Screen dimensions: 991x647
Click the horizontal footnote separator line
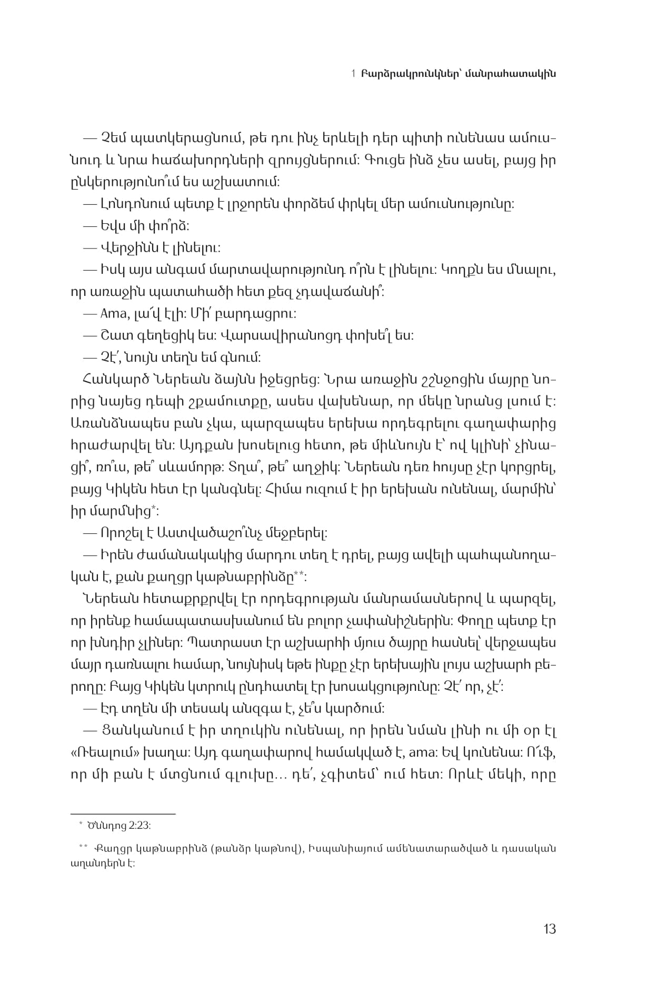tap(123, 814)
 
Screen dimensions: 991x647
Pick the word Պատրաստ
tap(232, 643)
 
